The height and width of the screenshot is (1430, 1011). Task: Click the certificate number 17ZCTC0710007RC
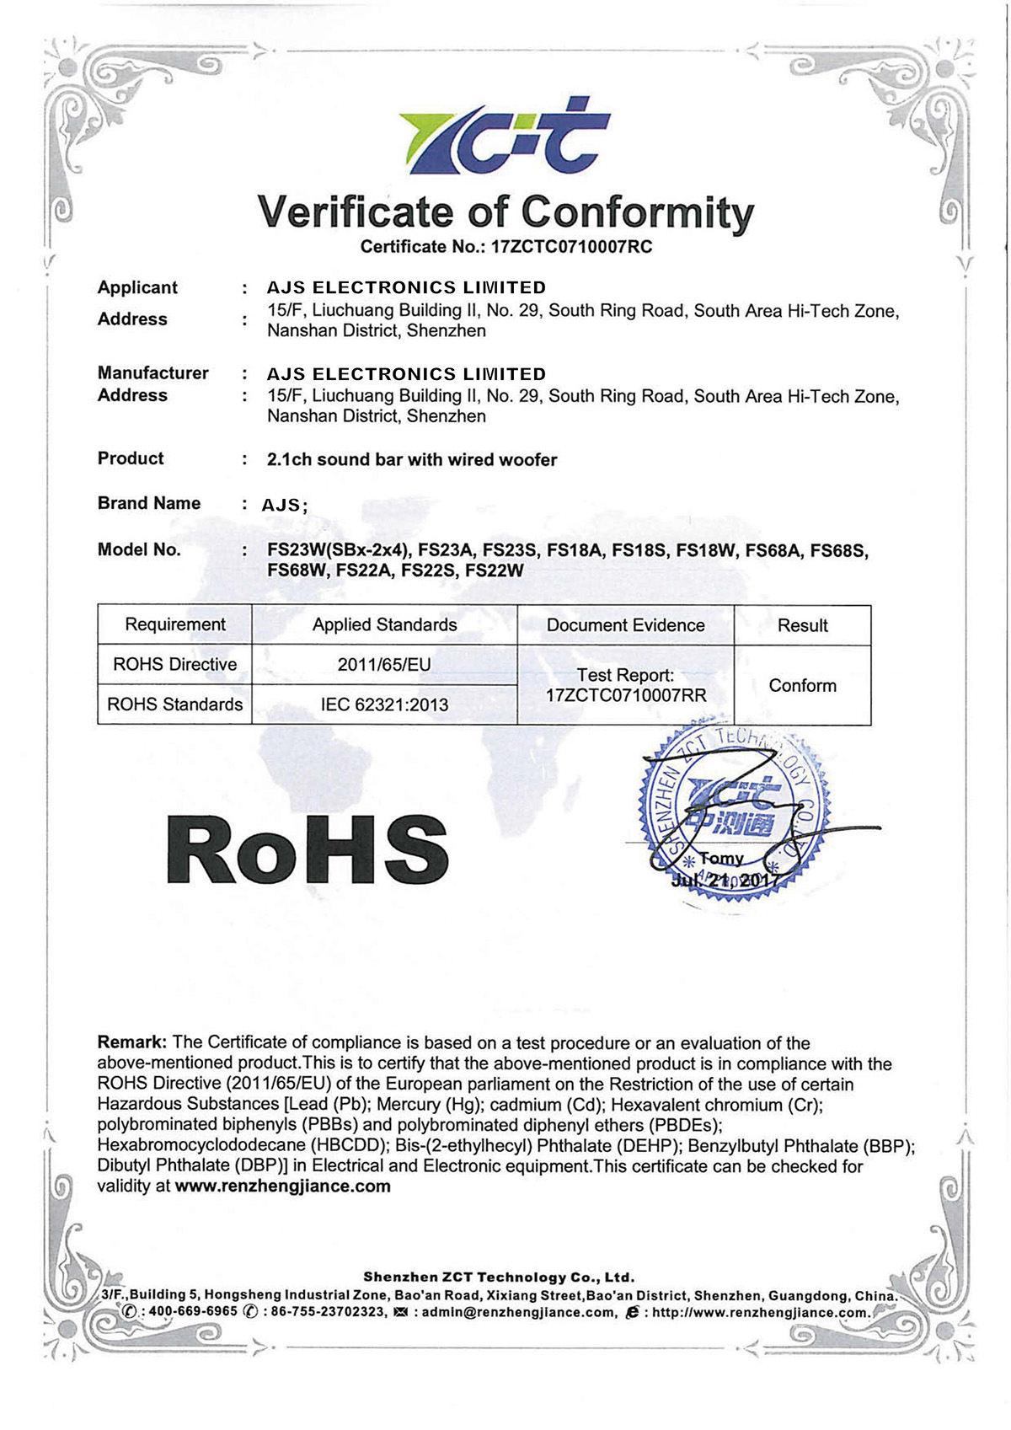click(571, 247)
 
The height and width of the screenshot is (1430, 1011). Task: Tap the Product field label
click(131, 458)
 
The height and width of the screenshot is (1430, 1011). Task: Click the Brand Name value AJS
click(281, 505)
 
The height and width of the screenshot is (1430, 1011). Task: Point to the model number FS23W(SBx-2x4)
click(339, 550)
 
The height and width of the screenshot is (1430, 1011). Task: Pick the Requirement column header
click(175, 624)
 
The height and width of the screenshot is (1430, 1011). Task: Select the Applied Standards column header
click(384, 624)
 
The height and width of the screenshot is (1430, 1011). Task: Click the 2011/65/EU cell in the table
click(384, 665)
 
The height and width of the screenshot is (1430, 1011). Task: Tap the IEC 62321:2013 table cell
click(384, 704)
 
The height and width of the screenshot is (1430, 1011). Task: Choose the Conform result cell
click(802, 685)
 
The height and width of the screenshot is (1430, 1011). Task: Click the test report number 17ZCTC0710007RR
click(626, 695)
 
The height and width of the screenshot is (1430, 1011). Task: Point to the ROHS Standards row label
click(175, 704)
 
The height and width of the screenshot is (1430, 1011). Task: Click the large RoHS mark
click(308, 849)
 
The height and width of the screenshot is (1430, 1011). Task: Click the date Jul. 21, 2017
click(725, 881)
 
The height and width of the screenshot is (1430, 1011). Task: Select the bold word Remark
click(132, 1042)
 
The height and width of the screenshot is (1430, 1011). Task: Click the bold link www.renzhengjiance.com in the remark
click(283, 1186)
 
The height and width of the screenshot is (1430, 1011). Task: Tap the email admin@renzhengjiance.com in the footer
click(518, 1312)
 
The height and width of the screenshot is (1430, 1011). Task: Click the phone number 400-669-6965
click(193, 1312)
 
